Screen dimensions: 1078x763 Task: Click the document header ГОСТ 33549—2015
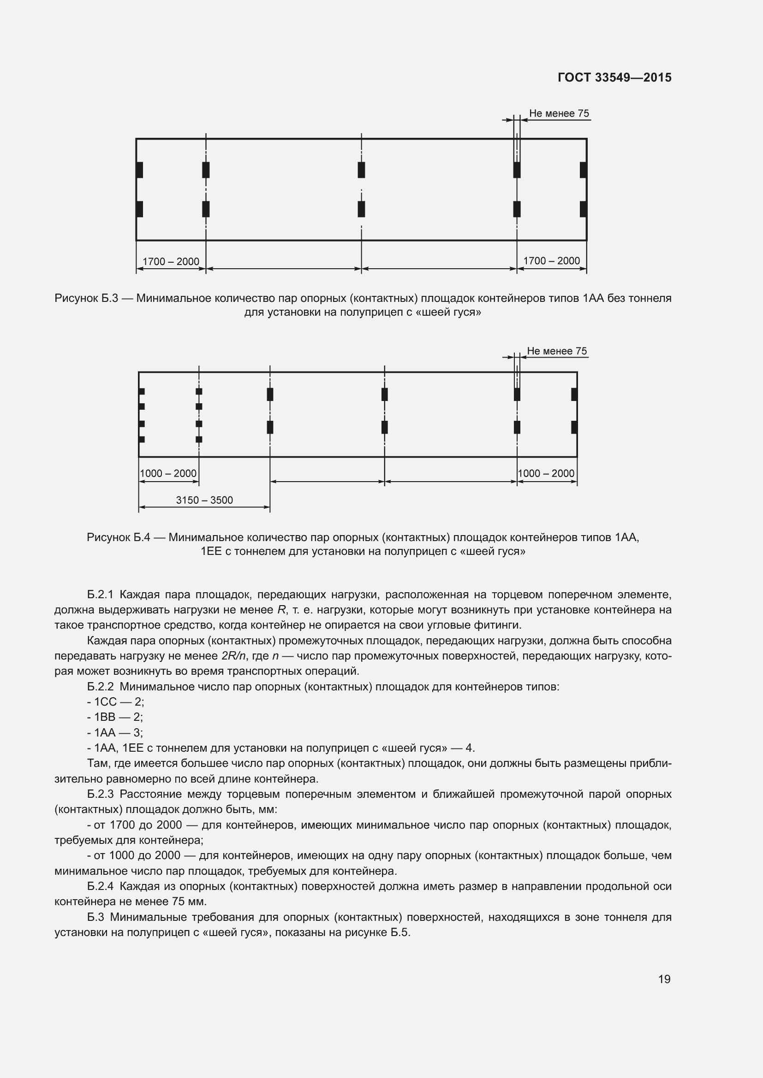[x=614, y=77]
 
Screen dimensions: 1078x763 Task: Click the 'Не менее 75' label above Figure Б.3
[x=559, y=114]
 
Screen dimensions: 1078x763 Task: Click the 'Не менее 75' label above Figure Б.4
[x=557, y=351]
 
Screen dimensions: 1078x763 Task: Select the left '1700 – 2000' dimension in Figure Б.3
[x=171, y=261]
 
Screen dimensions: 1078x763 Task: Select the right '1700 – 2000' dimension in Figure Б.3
[x=551, y=261]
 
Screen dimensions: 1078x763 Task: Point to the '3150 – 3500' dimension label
[x=204, y=500]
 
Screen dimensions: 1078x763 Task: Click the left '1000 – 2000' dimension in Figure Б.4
[x=168, y=473]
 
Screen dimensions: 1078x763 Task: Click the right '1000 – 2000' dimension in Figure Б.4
[x=546, y=473]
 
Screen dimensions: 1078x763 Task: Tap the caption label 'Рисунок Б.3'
[x=86, y=298]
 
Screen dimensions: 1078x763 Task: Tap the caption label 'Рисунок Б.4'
[x=119, y=537]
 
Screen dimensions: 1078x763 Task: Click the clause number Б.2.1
[x=100, y=595]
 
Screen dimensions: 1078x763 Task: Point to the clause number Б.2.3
[x=100, y=794]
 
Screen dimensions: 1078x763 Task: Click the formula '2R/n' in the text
[x=233, y=656]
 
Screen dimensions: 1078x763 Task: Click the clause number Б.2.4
[x=100, y=886]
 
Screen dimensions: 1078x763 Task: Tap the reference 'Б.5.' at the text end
[x=400, y=932]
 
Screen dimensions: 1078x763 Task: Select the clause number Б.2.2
[x=100, y=686]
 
